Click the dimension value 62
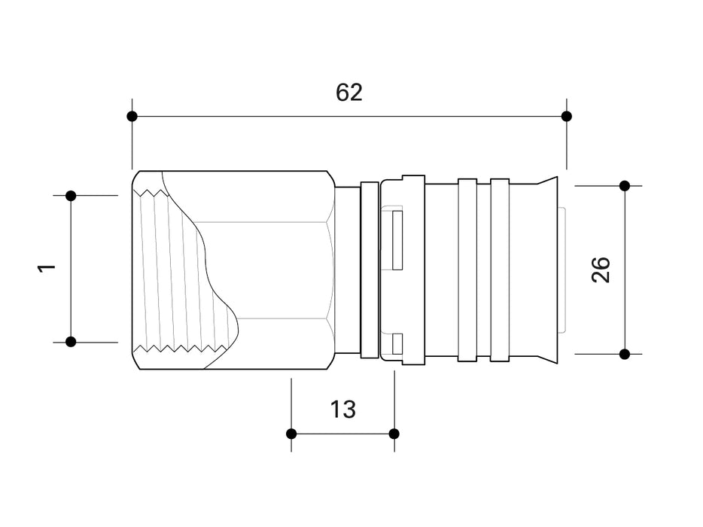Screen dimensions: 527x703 [349, 93]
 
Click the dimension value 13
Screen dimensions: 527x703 [342, 410]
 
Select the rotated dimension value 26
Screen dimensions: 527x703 [601, 270]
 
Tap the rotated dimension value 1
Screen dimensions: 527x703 [47, 269]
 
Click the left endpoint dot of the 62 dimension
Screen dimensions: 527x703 [132, 116]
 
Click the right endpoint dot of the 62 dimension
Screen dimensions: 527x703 [567, 116]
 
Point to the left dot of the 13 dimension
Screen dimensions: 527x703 [291, 434]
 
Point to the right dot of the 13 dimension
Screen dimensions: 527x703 [394, 434]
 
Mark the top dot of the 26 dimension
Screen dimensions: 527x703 [624, 185]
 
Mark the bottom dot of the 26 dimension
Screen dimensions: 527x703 [624, 353]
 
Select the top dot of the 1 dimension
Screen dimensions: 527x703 [71, 196]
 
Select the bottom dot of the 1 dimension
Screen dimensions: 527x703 [71, 342]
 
